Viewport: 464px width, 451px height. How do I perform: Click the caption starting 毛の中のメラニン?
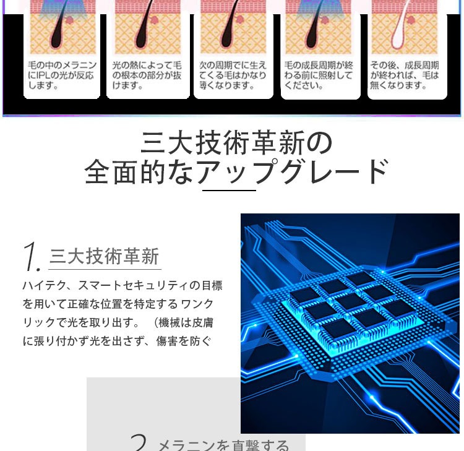(x=61, y=75)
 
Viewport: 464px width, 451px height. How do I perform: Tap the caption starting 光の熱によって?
(x=147, y=75)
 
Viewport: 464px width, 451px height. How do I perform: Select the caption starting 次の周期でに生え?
(x=233, y=75)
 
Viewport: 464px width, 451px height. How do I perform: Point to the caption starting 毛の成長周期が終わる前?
(x=319, y=75)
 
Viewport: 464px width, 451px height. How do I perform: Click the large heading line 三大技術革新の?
(x=236, y=143)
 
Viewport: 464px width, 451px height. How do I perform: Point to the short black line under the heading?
(x=229, y=191)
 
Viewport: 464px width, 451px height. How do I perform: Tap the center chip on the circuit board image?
(x=351, y=301)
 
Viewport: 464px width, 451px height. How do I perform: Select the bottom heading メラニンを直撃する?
(x=223, y=445)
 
